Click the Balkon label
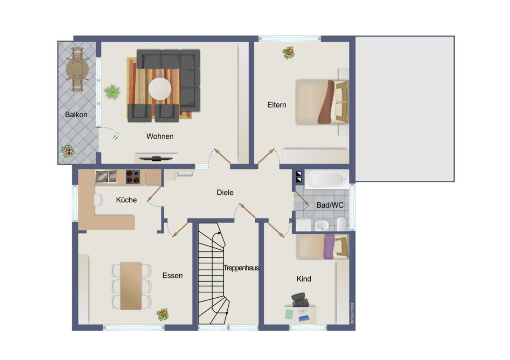click(x=76, y=114)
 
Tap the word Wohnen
click(x=160, y=136)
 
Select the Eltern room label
click(x=277, y=105)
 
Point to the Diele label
click(x=225, y=192)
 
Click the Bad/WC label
click(x=330, y=205)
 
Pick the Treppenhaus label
click(x=241, y=268)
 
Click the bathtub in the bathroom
click(x=327, y=179)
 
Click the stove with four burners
click(x=135, y=176)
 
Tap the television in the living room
click(x=157, y=158)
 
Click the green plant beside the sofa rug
click(x=112, y=92)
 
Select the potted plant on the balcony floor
click(x=68, y=151)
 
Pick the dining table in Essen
click(x=131, y=286)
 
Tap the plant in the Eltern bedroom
click(x=288, y=52)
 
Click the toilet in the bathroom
click(x=341, y=224)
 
